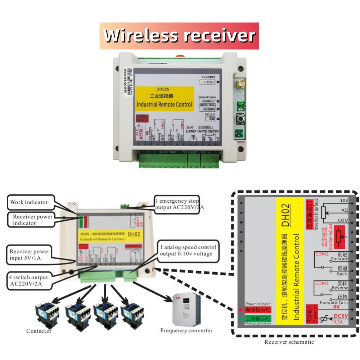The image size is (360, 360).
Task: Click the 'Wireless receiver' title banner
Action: pos(179,36)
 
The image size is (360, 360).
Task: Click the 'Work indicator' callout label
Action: pos(29,202)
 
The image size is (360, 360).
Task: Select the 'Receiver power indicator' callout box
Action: pos(32,220)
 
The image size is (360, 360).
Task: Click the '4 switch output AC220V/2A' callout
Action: pos(29,280)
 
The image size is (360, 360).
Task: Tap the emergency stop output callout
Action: pos(177,204)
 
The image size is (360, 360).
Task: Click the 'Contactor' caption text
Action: pos(39,331)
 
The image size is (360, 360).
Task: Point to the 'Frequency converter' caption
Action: pos(186,330)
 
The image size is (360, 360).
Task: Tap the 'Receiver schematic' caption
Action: pos(289,342)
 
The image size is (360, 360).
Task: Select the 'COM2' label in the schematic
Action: pos(322,254)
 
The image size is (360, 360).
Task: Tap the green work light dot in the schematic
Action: pos(240,319)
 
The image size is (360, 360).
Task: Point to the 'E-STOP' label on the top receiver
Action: pos(191,132)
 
